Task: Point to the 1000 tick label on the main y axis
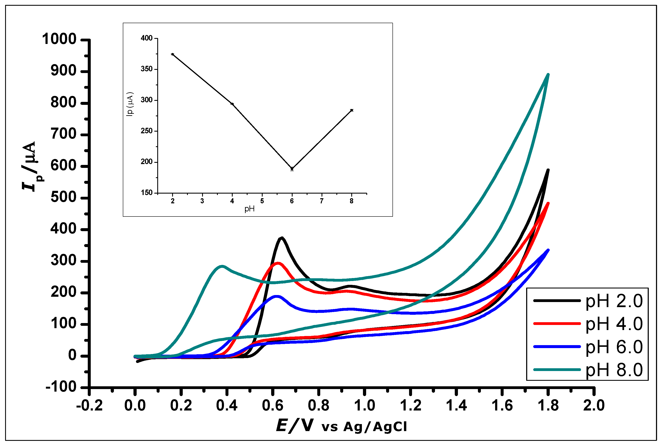pyautogui.click(x=59, y=39)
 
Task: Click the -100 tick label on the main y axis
pyautogui.click(x=61, y=387)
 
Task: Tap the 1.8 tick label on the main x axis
pyautogui.click(x=548, y=405)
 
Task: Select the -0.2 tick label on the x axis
pyautogui.click(x=89, y=405)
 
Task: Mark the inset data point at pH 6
pyautogui.click(x=292, y=169)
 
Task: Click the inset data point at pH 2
pyautogui.click(x=173, y=54)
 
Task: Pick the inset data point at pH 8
pyautogui.click(x=351, y=110)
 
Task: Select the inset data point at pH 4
pyautogui.click(x=232, y=104)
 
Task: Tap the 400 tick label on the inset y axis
pyautogui.click(x=147, y=38)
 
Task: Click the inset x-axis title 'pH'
pyautogui.click(x=249, y=209)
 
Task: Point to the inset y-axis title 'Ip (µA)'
pyautogui.click(x=130, y=104)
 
